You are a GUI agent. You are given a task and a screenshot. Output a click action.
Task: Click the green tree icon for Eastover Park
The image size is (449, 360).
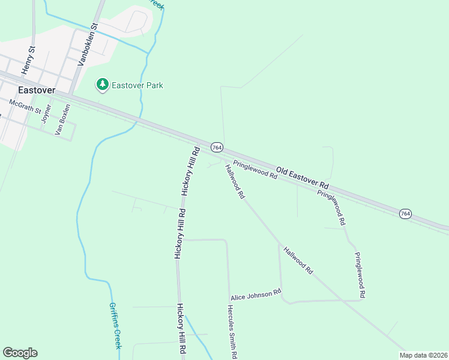103,85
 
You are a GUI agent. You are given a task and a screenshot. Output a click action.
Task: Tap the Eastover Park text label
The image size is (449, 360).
138,85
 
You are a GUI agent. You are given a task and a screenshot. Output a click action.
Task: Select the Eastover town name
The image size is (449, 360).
37,90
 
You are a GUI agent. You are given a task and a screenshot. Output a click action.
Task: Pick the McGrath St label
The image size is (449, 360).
29,106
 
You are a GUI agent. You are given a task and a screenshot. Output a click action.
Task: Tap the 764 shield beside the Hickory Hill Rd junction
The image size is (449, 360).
217,148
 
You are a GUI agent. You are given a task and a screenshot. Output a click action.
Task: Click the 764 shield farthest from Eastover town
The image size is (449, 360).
406,214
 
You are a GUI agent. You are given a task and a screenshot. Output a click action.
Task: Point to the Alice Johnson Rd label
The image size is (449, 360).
256,295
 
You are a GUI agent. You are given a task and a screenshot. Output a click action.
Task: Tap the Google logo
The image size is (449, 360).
20,353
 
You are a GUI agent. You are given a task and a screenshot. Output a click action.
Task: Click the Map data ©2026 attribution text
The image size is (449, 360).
423,355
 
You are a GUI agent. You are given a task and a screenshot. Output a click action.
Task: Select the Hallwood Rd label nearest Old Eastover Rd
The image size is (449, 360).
235,181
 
